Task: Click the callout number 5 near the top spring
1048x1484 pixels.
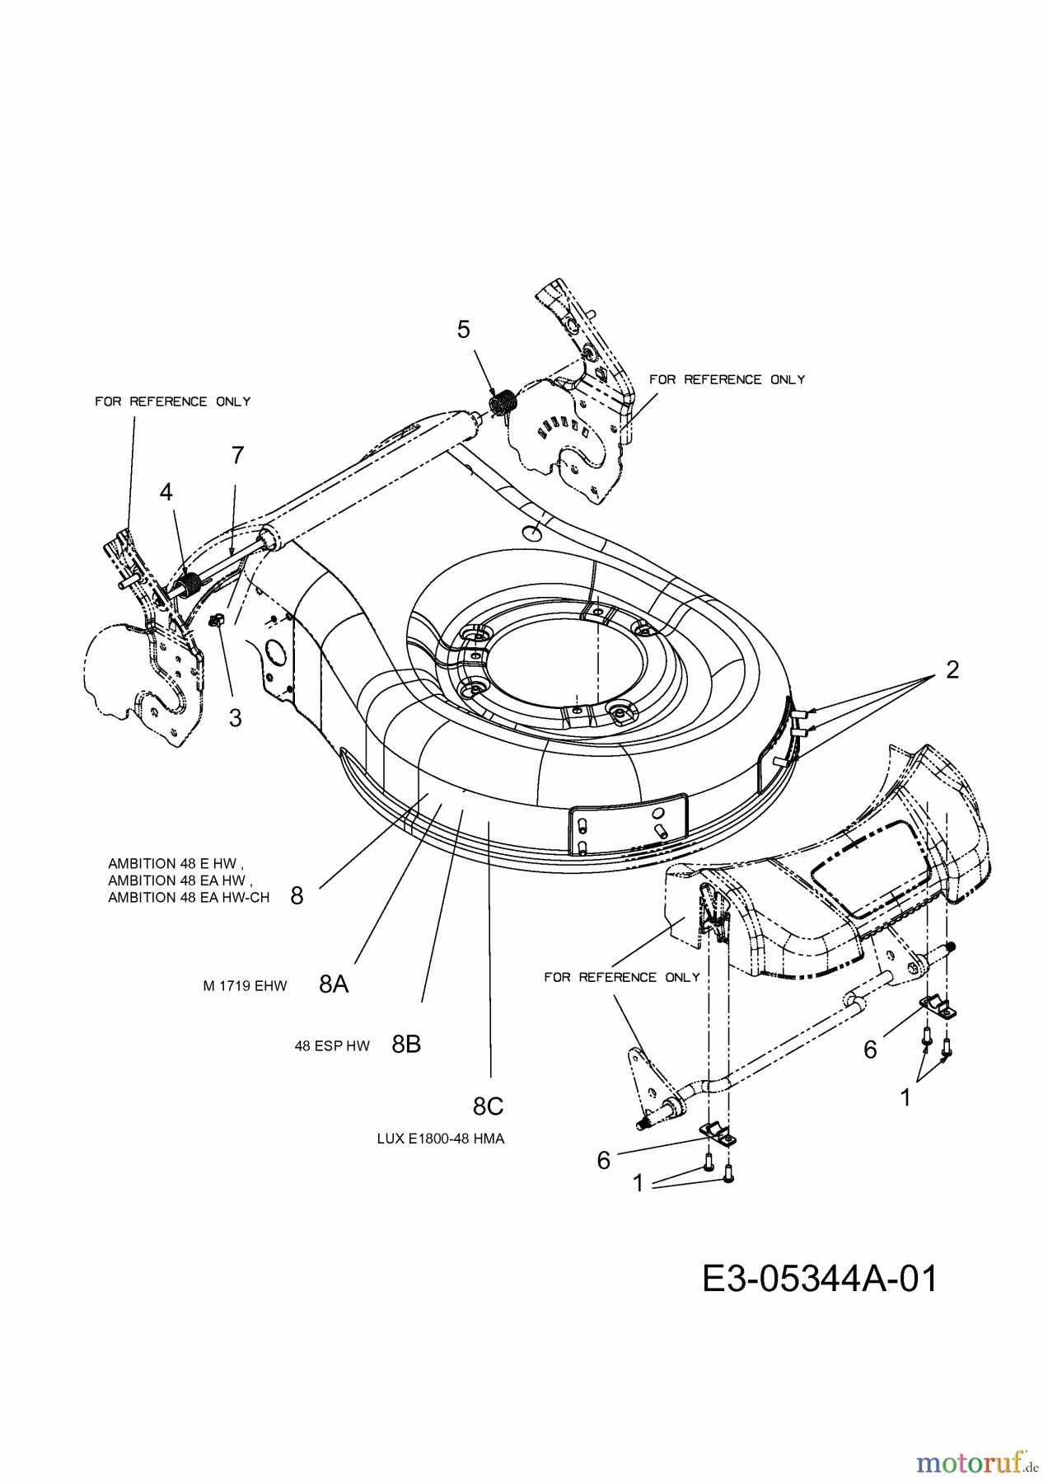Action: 464,330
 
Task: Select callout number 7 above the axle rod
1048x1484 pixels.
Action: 237,455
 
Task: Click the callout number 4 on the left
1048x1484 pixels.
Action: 166,492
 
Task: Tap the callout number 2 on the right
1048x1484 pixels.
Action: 952,669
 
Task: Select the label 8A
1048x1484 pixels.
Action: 334,984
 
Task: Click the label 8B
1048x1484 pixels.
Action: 406,1045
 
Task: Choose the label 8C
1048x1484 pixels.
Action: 488,1106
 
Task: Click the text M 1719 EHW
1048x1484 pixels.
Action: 245,985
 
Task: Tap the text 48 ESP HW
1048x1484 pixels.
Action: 332,1046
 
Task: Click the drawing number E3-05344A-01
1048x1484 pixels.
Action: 820,1280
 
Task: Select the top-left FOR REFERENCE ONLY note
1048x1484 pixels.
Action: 173,402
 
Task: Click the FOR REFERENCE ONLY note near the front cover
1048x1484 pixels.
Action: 622,977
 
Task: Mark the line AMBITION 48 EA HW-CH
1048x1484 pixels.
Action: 189,898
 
